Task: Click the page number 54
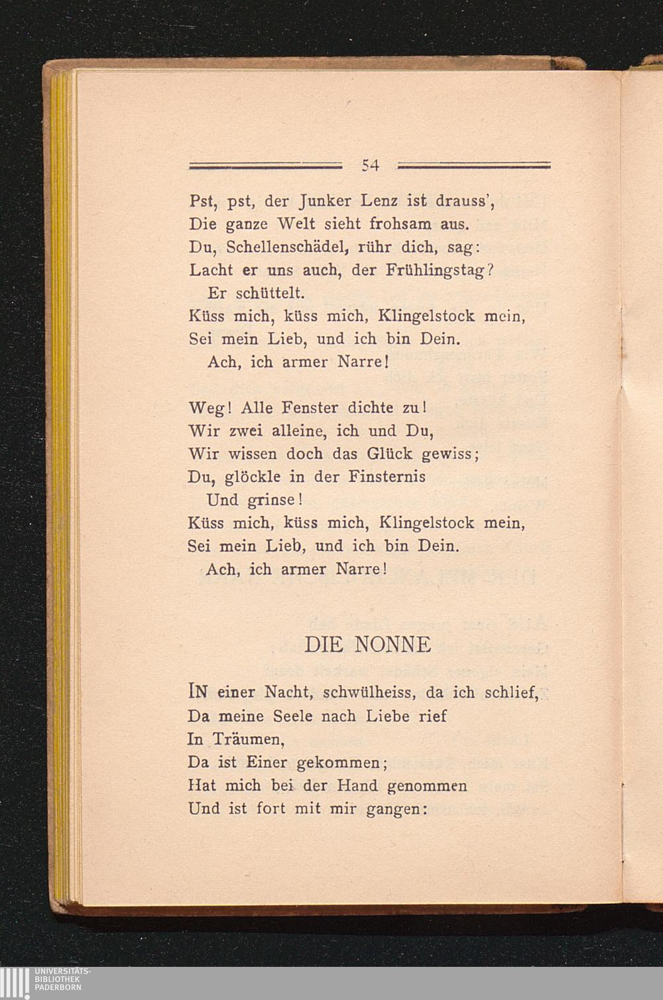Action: (x=370, y=166)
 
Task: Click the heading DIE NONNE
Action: (x=368, y=644)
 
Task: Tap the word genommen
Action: (x=427, y=786)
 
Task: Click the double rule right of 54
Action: (x=475, y=164)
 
